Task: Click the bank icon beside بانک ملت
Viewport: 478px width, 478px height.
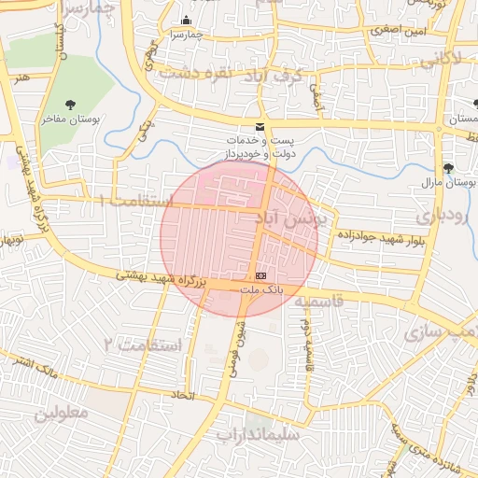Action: pyautogui.click(x=260, y=276)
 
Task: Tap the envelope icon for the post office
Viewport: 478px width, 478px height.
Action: pyautogui.click(x=260, y=128)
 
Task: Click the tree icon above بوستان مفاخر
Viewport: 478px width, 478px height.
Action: pyautogui.click(x=71, y=105)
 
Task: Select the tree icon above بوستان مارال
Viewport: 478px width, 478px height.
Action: pyautogui.click(x=450, y=168)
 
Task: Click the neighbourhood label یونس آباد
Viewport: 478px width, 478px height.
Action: pyautogui.click(x=291, y=218)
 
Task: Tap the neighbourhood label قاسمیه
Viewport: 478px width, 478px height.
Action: pyautogui.click(x=319, y=302)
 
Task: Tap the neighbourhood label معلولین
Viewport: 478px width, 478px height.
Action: pyautogui.click(x=62, y=412)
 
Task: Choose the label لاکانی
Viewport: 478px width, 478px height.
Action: pyautogui.click(x=438, y=59)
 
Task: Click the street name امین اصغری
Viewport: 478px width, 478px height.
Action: pyautogui.click(x=397, y=30)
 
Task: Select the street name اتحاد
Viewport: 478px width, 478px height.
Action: pyautogui.click(x=179, y=396)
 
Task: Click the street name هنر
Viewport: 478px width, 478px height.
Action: pyautogui.click(x=21, y=78)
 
